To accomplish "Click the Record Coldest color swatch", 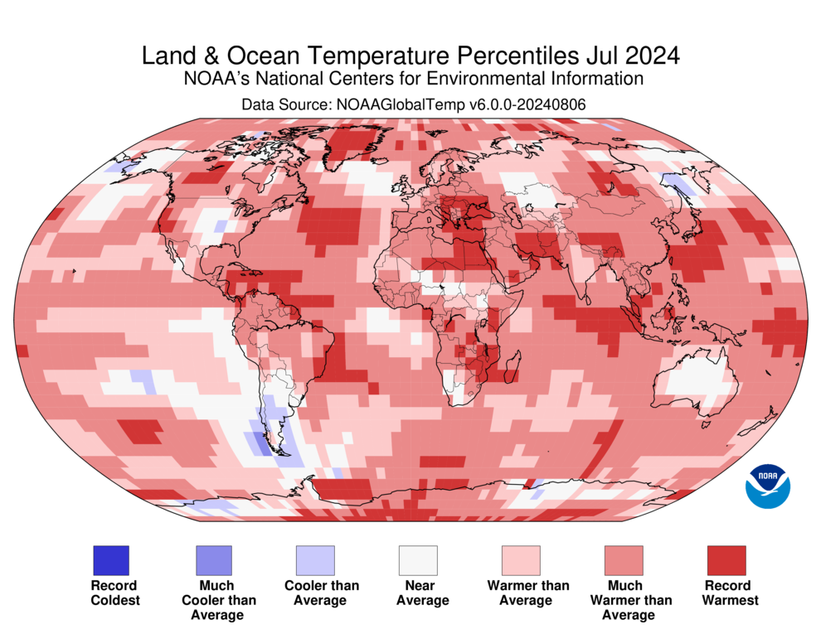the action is (x=111, y=560).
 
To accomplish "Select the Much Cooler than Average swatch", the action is (x=214, y=560).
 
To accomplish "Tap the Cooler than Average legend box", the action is (x=315, y=560).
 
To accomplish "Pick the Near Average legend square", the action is (x=418, y=560).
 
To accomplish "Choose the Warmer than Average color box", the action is (x=521, y=560).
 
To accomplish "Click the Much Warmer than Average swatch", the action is (x=624, y=560).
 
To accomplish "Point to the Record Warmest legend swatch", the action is (x=726, y=560).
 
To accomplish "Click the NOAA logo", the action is (x=768, y=486).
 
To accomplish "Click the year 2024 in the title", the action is (x=653, y=56).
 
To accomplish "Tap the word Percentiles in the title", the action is (x=517, y=56).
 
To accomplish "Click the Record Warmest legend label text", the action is (x=730, y=593).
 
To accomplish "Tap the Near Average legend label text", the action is (x=423, y=593).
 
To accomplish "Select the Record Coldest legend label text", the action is (x=115, y=593).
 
